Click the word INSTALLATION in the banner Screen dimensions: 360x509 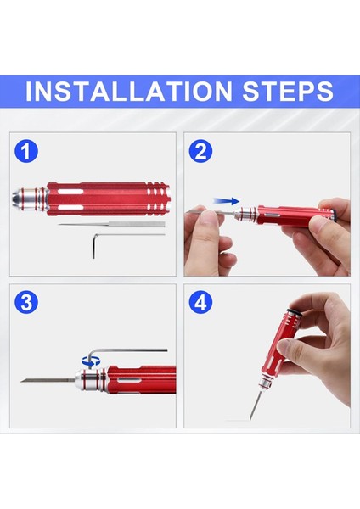click(129, 91)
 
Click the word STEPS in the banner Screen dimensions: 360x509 click(288, 91)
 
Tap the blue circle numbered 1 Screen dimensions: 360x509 click(26, 151)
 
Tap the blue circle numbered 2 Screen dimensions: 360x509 click(200, 151)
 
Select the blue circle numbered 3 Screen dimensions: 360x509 click(26, 302)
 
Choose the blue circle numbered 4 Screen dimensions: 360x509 click(200, 302)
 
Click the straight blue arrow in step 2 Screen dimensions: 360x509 click(227, 201)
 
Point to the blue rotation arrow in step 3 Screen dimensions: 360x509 click(91, 360)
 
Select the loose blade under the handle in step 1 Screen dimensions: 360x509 click(112, 224)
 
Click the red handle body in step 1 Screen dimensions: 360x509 click(108, 199)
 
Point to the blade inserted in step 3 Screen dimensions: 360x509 click(48, 380)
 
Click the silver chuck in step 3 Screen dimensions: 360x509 click(90, 379)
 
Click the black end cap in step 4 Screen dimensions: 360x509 click(295, 312)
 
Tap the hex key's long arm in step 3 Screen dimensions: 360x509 click(130, 350)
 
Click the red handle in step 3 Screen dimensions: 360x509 click(141, 380)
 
